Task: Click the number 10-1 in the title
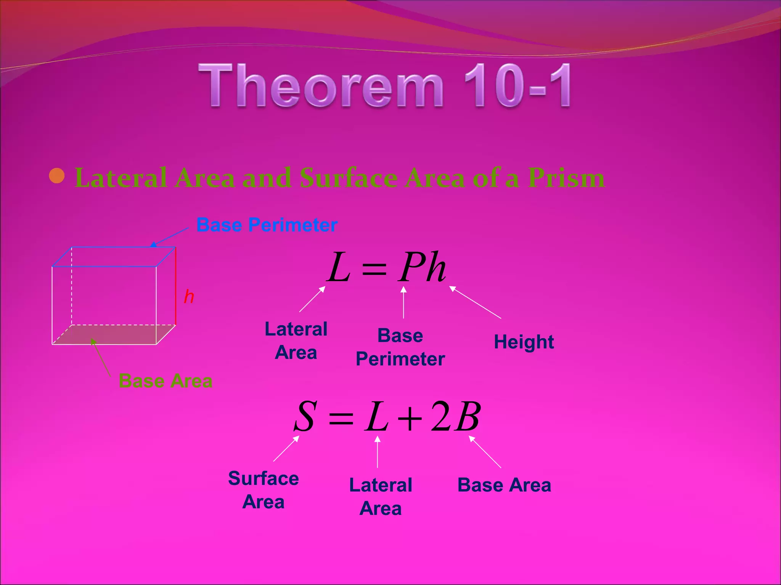(x=517, y=86)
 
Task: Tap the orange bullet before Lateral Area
(x=57, y=176)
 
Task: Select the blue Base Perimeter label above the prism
(x=267, y=225)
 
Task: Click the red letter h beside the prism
(x=189, y=297)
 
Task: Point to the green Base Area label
(x=166, y=381)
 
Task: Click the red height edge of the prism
(x=175, y=286)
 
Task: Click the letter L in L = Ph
(x=339, y=267)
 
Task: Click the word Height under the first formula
(x=524, y=342)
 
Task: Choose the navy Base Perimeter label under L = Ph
(x=400, y=347)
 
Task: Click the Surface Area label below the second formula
(x=263, y=490)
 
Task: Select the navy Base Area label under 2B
(x=504, y=485)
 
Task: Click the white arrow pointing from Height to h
(x=475, y=302)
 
